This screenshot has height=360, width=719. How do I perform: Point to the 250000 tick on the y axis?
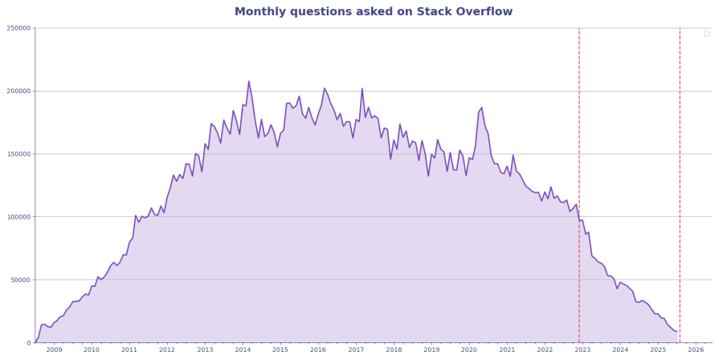pos(18,28)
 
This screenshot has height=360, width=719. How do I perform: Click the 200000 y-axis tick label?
pos(18,91)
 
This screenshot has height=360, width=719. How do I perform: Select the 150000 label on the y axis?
pos(18,154)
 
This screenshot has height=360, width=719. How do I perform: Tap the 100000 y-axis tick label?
pos(18,217)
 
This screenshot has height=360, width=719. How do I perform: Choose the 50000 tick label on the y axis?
pos(20,280)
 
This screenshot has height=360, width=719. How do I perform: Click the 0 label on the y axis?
pos(27,343)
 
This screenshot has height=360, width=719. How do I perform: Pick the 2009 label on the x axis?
pos(54,350)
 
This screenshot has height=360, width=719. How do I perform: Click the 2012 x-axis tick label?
pos(167,350)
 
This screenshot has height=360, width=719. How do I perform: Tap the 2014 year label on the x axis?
pos(243,350)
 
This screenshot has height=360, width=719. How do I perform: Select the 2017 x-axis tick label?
pos(356,350)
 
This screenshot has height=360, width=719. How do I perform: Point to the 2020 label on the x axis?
pos(469,350)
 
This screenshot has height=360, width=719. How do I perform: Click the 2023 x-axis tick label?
pos(582,350)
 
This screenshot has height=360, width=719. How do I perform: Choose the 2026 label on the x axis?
pos(696,350)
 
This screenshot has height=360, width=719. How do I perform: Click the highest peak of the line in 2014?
pos(249,81)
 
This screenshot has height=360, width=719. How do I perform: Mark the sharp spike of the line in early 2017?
pos(362,88)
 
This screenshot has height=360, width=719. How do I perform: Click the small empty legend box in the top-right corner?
pos(706,34)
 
